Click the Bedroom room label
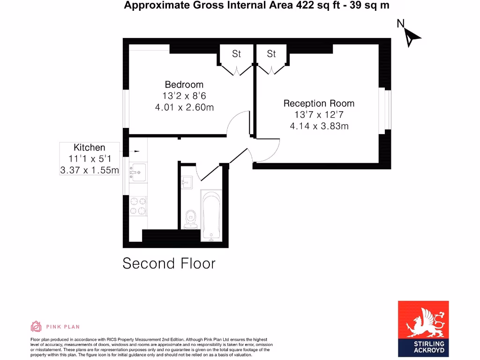pos(184,84)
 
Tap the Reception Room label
pos(319,103)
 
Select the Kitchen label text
pos(89,147)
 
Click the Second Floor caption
pos(169,263)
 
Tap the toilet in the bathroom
pos(191,218)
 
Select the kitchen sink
pos(138,172)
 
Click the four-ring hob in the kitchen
pos(138,206)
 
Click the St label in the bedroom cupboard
pos(236,54)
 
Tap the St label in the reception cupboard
pos(271,54)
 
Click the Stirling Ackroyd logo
pos(423,328)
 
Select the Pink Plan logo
pos(55,326)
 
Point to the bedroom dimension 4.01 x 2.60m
pos(184,107)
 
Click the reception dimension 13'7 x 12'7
pos(319,115)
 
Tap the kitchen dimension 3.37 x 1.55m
pos(89,170)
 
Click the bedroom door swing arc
pos(237,123)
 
